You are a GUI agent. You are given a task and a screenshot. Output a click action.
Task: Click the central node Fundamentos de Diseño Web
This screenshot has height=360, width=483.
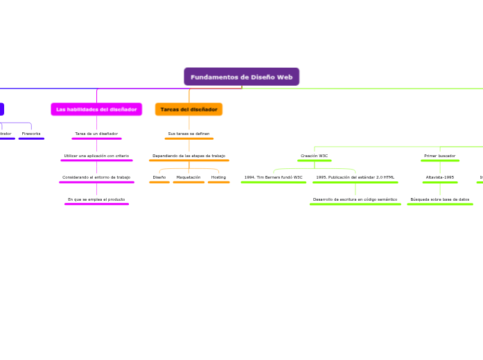click(x=241, y=77)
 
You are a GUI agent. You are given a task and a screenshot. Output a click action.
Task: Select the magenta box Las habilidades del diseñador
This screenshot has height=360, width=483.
click(x=96, y=109)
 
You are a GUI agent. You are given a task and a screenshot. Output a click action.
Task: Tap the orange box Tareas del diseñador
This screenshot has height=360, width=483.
click(x=188, y=109)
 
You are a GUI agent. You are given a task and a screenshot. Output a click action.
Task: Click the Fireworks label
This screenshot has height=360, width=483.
click(x=31, y=134)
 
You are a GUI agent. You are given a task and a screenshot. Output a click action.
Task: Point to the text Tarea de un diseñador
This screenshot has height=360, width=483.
click(x=96, y=134)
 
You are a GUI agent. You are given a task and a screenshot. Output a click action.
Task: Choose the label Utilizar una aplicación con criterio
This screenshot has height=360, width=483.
click(x=96, y=156)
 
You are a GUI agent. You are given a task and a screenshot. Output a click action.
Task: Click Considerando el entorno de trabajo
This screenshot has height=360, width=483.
click(x=96, y=177)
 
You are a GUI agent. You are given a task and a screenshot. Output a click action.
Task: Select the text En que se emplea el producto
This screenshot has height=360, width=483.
click(x=96, y=199)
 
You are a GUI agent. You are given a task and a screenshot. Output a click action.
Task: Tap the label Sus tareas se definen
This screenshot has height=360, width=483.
click(x=188, y=134)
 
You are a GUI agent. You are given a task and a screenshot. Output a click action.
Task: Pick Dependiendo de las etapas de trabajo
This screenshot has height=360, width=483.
click(x=188, y=156)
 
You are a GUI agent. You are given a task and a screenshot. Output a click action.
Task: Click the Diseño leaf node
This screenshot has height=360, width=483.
click(x=159, y=177)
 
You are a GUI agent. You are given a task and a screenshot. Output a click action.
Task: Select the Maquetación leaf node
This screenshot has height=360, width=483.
click(x=188, y=177)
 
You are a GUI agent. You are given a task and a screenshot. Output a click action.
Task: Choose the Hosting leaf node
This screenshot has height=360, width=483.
click(x=218, y=177)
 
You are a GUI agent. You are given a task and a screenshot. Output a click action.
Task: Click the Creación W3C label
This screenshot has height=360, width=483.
click(x=315, y=156)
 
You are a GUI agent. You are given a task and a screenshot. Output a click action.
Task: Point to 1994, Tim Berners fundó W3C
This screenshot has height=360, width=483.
click(x=273, y=177)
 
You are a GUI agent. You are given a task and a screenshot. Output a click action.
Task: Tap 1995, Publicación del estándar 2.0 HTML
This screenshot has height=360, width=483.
click(x=355, y=177)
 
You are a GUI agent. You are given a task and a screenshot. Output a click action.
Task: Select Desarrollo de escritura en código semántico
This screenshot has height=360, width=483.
click(x=355, y=199)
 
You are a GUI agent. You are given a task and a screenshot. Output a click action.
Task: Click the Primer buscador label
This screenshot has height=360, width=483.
click(x=440, y=156)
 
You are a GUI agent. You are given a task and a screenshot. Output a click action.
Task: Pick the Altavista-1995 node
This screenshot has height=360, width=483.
click(x=440, y=177)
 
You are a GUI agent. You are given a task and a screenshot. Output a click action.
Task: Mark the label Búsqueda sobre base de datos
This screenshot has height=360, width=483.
click(x=440, y=199)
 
